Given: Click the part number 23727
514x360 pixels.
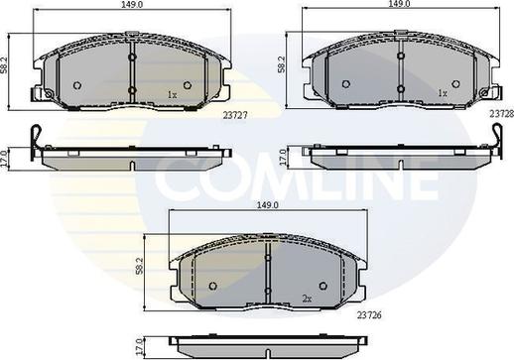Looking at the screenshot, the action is coord(235,115).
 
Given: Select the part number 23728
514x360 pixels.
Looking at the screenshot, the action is coord(502,114).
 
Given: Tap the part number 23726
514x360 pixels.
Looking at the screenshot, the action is coord(369,315).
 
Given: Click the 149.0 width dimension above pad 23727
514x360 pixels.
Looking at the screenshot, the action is coord(132,4).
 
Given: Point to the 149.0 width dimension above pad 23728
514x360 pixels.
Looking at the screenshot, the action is coord(401,4).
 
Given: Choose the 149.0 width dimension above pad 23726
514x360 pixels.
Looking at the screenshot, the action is coord(268,205).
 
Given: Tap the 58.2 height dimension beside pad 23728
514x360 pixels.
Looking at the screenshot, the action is coord(281,64).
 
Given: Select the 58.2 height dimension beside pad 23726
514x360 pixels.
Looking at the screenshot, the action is coord(140,266).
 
